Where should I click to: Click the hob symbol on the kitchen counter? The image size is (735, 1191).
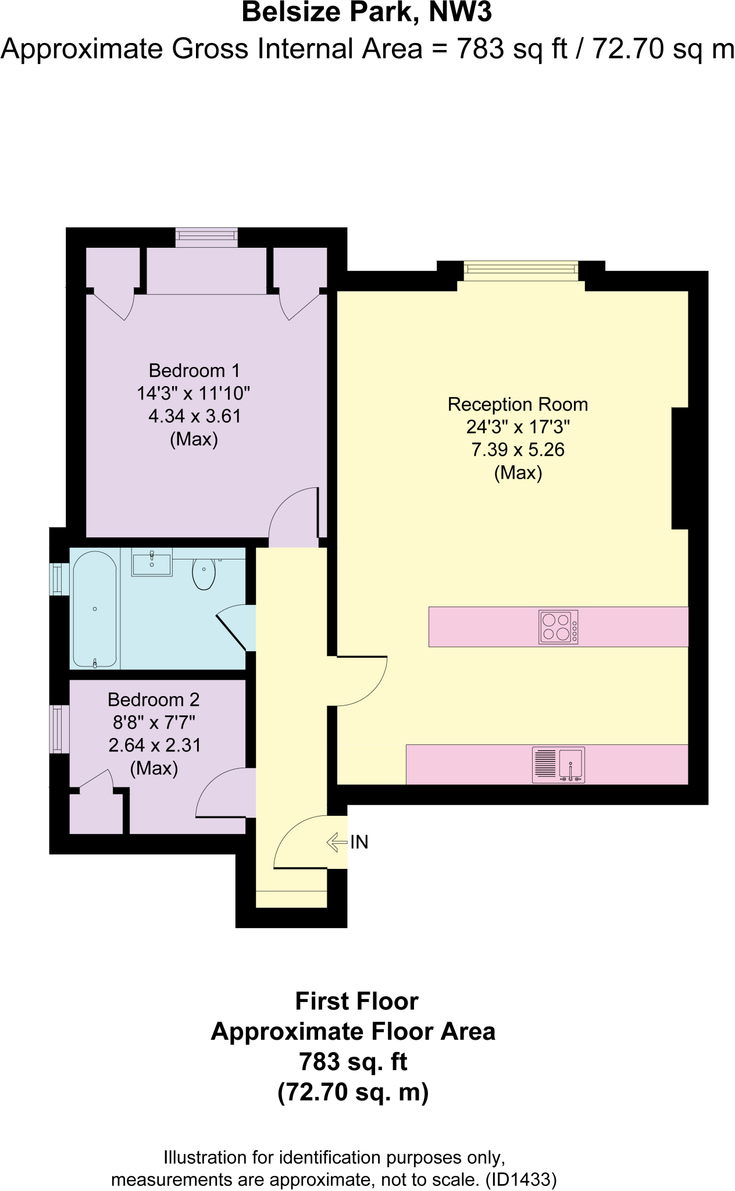(558, 627)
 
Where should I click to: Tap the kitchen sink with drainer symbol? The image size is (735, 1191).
(558, 765)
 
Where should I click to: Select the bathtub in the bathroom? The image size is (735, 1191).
(95, 609)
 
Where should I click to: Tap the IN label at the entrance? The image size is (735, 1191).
(359, 842)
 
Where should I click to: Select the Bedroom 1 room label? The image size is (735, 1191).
(194, 370)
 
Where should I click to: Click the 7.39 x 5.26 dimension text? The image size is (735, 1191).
(518, 450)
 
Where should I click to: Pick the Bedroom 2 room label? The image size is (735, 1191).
(154, 700)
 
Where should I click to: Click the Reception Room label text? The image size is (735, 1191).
(518, 404)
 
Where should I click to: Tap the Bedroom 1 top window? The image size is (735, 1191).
(206, 236)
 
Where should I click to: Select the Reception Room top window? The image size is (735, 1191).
(521, 270)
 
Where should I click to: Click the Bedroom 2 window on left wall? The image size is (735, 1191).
(58, 729)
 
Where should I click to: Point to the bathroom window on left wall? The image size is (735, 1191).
(58, 579)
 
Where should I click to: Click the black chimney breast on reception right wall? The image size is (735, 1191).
(680, 468)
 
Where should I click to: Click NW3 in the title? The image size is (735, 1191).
(461, 13)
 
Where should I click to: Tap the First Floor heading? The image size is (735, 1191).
(356, 1001)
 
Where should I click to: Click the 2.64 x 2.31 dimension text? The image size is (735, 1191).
(155, 745)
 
